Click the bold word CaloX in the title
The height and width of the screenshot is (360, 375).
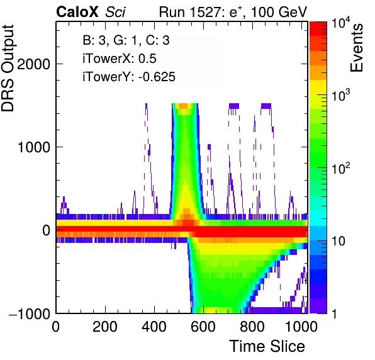[x=77, y=12]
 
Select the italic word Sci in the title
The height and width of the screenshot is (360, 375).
[x=115, y=12]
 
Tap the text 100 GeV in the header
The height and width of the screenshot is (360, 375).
[x=279, y=12]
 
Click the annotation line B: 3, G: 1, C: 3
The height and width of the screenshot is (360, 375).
[x=126, y=40]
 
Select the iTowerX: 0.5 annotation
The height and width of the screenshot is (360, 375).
[x=120, y=59]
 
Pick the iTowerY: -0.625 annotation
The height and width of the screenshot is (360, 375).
[x=129, y=77]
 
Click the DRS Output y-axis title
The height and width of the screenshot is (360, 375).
[x=8, y=68]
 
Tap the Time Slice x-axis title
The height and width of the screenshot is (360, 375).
[x=267, y=346]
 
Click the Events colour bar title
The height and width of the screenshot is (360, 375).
[x=357, y=48]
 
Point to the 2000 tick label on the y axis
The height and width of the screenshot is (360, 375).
[x=34, y=64]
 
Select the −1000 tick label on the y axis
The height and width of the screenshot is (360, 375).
[x=30, y=313]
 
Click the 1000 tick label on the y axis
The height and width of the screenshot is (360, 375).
[x=34, y=147]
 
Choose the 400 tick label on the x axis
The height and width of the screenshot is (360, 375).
[x=154, y=327]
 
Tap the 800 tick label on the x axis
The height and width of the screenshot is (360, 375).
[x=252, y=327]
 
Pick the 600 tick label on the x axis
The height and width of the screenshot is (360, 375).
[x=203, y=327]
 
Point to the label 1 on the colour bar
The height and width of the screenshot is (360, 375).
[x=334, y=313]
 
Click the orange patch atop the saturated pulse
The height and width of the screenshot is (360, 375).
[x=184, y=106]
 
